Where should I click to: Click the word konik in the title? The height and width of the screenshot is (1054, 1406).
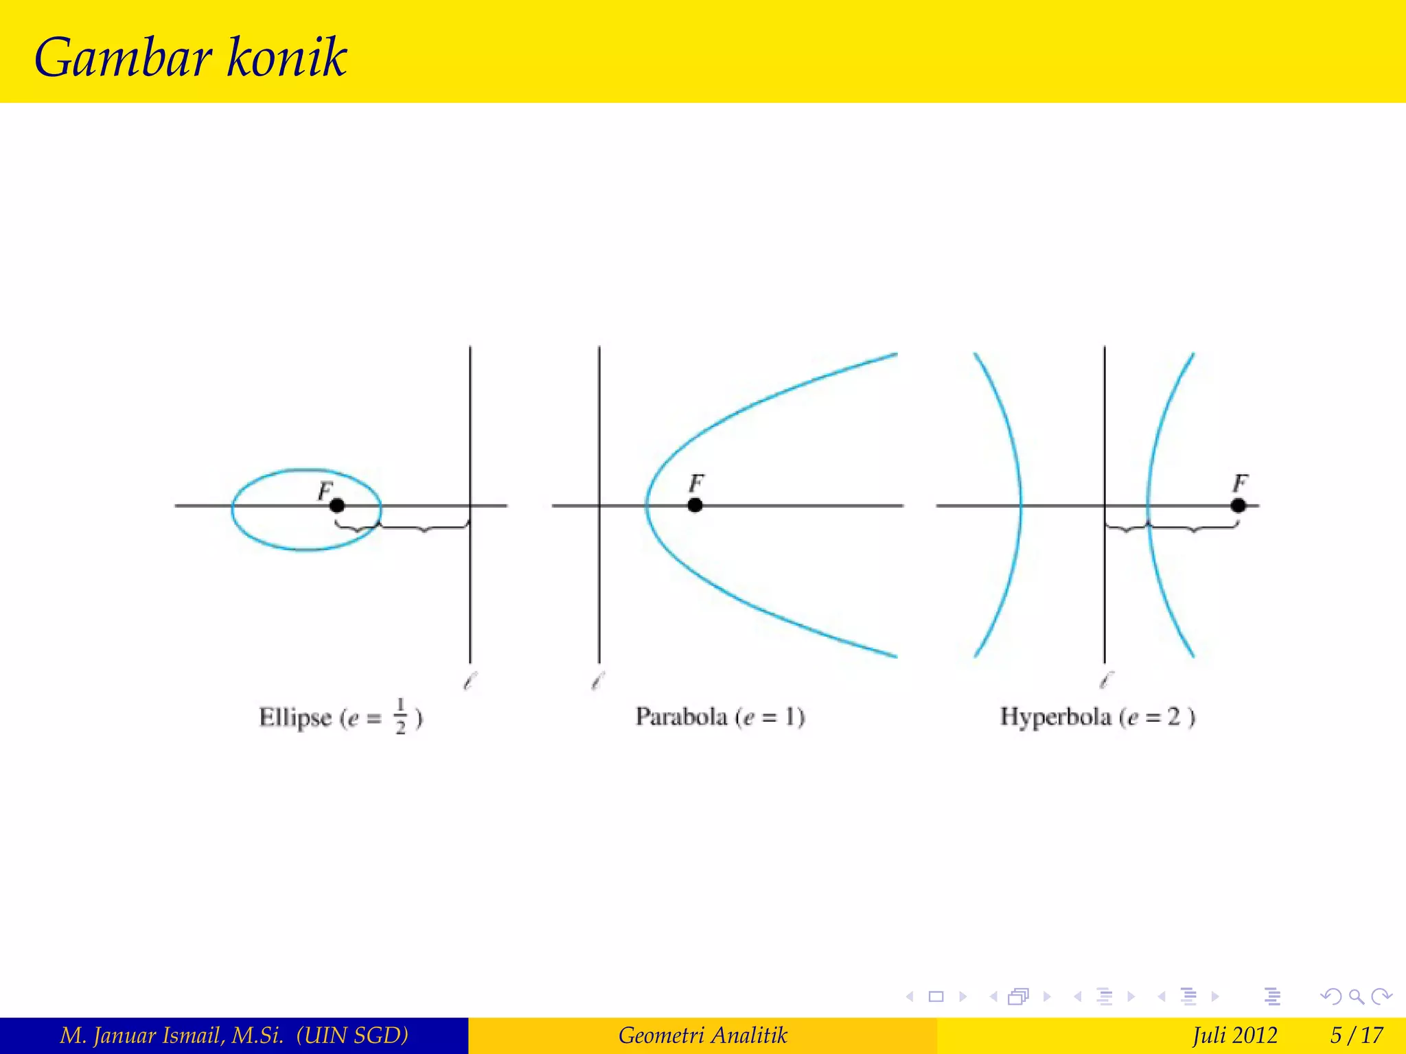286,56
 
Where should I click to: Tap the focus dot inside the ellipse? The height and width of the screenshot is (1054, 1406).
336,506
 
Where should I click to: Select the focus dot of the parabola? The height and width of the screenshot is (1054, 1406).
695,506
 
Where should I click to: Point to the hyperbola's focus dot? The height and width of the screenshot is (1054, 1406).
1238,506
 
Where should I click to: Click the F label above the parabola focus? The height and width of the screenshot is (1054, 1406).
696,484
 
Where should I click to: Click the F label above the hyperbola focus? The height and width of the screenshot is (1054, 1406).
1240,484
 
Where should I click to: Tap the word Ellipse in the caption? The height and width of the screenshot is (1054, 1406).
295,718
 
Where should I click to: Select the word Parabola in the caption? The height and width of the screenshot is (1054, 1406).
681,717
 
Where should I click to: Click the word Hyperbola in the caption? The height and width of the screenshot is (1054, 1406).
1055,717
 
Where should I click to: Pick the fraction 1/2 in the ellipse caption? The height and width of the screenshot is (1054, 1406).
401,717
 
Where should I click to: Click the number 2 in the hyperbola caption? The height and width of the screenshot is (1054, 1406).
1173,717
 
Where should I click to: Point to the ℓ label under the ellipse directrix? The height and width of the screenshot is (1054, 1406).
470,681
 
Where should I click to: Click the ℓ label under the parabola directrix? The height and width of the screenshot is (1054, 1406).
597,681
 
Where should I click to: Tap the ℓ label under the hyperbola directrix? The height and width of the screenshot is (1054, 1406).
1105,681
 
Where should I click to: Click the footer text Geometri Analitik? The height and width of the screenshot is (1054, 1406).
702,1035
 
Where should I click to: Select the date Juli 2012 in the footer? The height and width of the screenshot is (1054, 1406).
1234,1035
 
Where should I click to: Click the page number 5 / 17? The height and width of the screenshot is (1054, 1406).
1357,1035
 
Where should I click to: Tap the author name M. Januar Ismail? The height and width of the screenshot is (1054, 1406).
172,1035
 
